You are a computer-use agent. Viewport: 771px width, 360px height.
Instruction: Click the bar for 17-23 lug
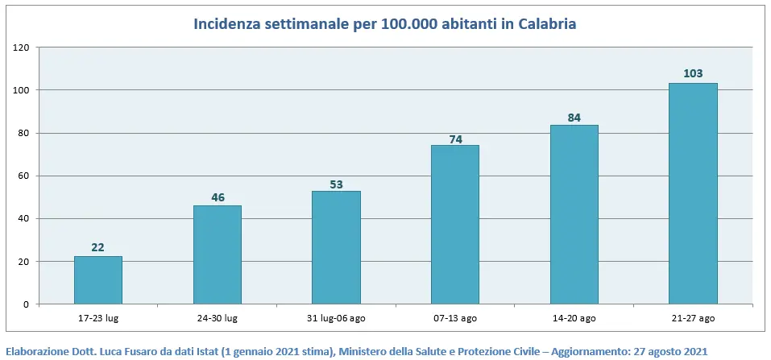(98, 280)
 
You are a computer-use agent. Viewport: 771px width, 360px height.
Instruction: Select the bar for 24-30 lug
(217, 254)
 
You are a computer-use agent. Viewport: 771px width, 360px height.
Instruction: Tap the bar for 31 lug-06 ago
(336, 247)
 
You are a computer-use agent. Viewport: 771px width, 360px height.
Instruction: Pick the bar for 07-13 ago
(455, 225)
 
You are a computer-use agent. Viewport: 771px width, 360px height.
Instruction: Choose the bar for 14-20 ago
(574, 214)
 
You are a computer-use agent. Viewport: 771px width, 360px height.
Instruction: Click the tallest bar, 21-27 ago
(693, 193)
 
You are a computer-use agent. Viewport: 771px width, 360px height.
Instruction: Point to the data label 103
(693, 74)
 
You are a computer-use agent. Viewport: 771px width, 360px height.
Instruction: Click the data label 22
(98, 247)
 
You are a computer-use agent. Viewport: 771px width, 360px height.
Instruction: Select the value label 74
(455, 139)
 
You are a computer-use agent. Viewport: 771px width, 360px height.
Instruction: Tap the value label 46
(217, 197)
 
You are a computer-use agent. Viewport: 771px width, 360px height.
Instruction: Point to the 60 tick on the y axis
(25, 176)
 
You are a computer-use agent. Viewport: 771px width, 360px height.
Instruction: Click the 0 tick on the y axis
(27, 304)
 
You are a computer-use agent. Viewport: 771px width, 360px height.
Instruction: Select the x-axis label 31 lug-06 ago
(336, 319)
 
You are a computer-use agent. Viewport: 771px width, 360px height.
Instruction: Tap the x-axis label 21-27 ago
(693, 319)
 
